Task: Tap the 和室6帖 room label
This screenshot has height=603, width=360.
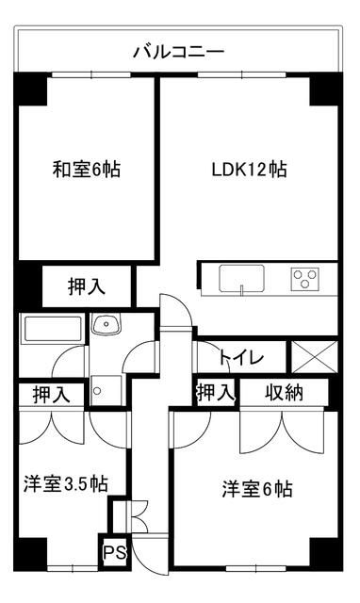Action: coord(86,171)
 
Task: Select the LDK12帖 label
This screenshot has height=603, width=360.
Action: coord(249,171)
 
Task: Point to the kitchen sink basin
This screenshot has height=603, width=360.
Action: coord(243,279)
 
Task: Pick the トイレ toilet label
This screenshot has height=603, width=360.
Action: coord(241,358)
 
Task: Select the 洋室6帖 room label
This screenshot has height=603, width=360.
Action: coord(257,489)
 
